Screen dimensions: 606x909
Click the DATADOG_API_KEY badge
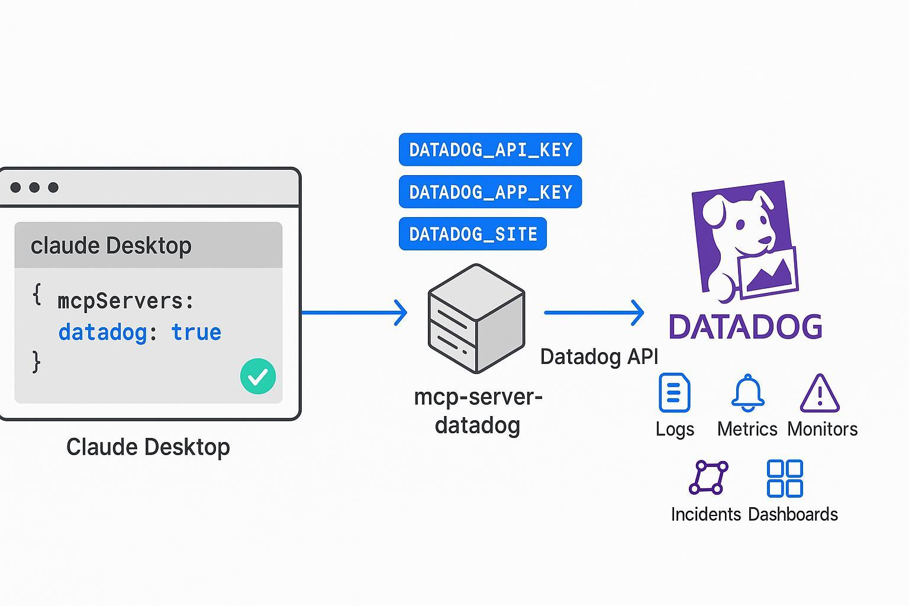[x=490, y=150]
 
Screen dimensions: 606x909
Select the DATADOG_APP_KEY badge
[x=490, y=192]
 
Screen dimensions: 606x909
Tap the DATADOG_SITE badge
[x=472, y=234]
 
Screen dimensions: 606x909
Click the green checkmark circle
[x=258, y=376]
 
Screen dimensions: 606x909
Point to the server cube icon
[x=476, y=318]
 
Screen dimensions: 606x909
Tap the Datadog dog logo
[x=744, y=240]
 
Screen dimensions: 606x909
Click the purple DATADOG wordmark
[x=745, y=327]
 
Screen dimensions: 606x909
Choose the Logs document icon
[x=674, y=392]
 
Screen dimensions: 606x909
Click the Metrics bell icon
[x=747, y=392]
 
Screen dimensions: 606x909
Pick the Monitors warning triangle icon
[x=820, y=394]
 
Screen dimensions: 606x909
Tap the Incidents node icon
[x=708, y=478]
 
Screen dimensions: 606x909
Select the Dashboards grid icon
[x=785, y=478]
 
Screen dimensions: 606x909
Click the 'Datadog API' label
[x=599, y=357]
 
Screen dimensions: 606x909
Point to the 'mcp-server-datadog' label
[x=478, y=411]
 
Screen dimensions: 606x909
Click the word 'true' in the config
[x=196, y=332]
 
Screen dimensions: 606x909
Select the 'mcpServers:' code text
[x=125, y=301]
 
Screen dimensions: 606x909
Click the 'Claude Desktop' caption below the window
[x=148, y=447]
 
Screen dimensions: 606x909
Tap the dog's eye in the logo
[x=740, y=225]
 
